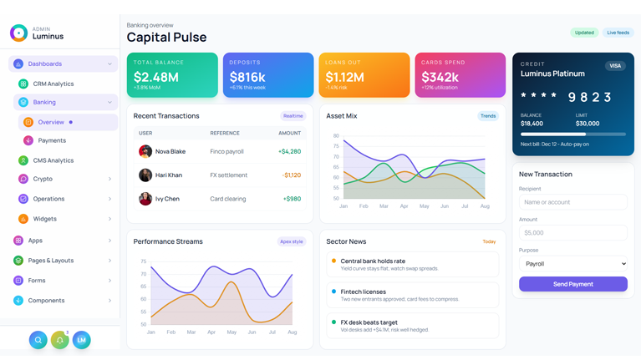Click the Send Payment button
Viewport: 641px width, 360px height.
(572, 284)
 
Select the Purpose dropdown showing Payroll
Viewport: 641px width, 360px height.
(572, 263)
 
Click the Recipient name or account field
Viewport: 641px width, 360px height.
(572, 202)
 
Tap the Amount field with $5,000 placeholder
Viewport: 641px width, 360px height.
(572, 233)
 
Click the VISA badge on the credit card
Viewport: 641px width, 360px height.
(615, 65)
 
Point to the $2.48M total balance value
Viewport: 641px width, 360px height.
(156, 77)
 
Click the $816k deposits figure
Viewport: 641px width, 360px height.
(247, 77)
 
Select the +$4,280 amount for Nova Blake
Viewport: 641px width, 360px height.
(289, 152)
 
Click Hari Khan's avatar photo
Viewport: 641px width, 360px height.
(145, 175)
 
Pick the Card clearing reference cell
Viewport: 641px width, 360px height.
(227, 199)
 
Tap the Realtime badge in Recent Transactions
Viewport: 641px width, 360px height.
(293, 116)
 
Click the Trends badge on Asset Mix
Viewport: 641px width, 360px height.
(487, 116)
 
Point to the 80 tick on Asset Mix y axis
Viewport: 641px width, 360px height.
(336, 135)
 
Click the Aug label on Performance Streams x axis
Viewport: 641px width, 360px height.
(292, 332)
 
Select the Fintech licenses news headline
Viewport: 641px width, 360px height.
(364, 292)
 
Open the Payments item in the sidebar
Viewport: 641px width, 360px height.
(52, 140)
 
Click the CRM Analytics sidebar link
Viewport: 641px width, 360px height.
(53, 84)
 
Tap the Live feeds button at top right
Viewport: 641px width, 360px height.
(618, 33)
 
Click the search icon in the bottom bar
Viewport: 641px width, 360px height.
(38, 340)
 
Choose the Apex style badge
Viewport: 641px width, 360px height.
(291, 241)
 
